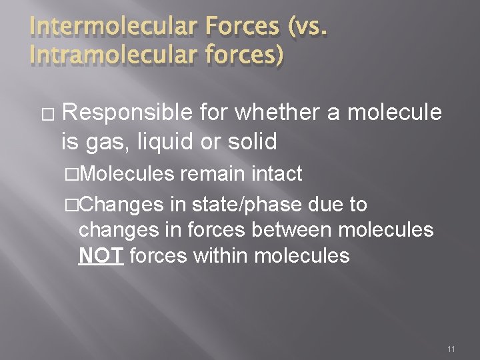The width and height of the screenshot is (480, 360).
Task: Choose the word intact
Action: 276,175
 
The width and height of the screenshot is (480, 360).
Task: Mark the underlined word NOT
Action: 101,256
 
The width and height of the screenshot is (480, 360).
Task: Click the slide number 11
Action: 452,348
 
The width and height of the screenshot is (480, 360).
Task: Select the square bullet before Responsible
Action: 45,114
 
